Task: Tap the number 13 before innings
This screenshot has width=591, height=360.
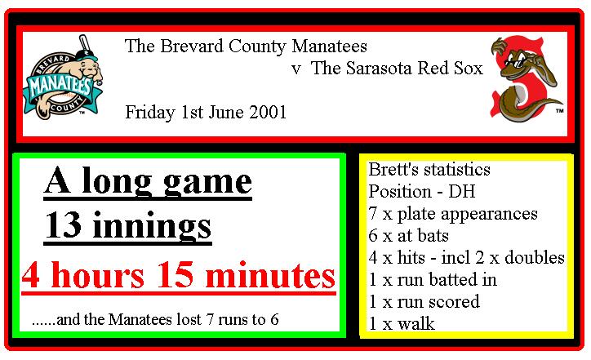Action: coord(63,225)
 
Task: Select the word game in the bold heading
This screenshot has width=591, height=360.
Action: coord(207,183)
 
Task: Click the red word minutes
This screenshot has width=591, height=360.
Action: coord(271,275)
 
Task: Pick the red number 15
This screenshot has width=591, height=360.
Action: coord(175,275)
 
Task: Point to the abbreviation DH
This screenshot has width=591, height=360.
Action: coord(461,192)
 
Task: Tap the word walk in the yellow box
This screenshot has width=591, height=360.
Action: coord(416,323)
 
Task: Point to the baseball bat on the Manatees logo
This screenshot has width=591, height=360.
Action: coord(85,44)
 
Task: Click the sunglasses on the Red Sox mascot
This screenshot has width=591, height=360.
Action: coord(515,63)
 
